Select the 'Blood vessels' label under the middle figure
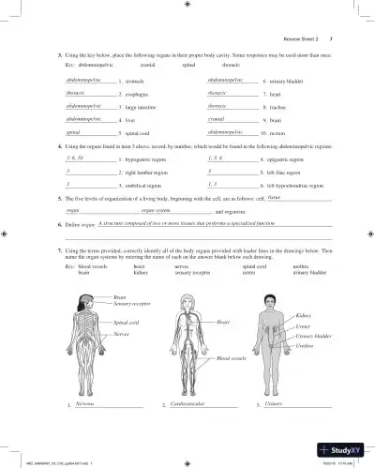(x=230, y=358)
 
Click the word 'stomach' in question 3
(x=134, y=83)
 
